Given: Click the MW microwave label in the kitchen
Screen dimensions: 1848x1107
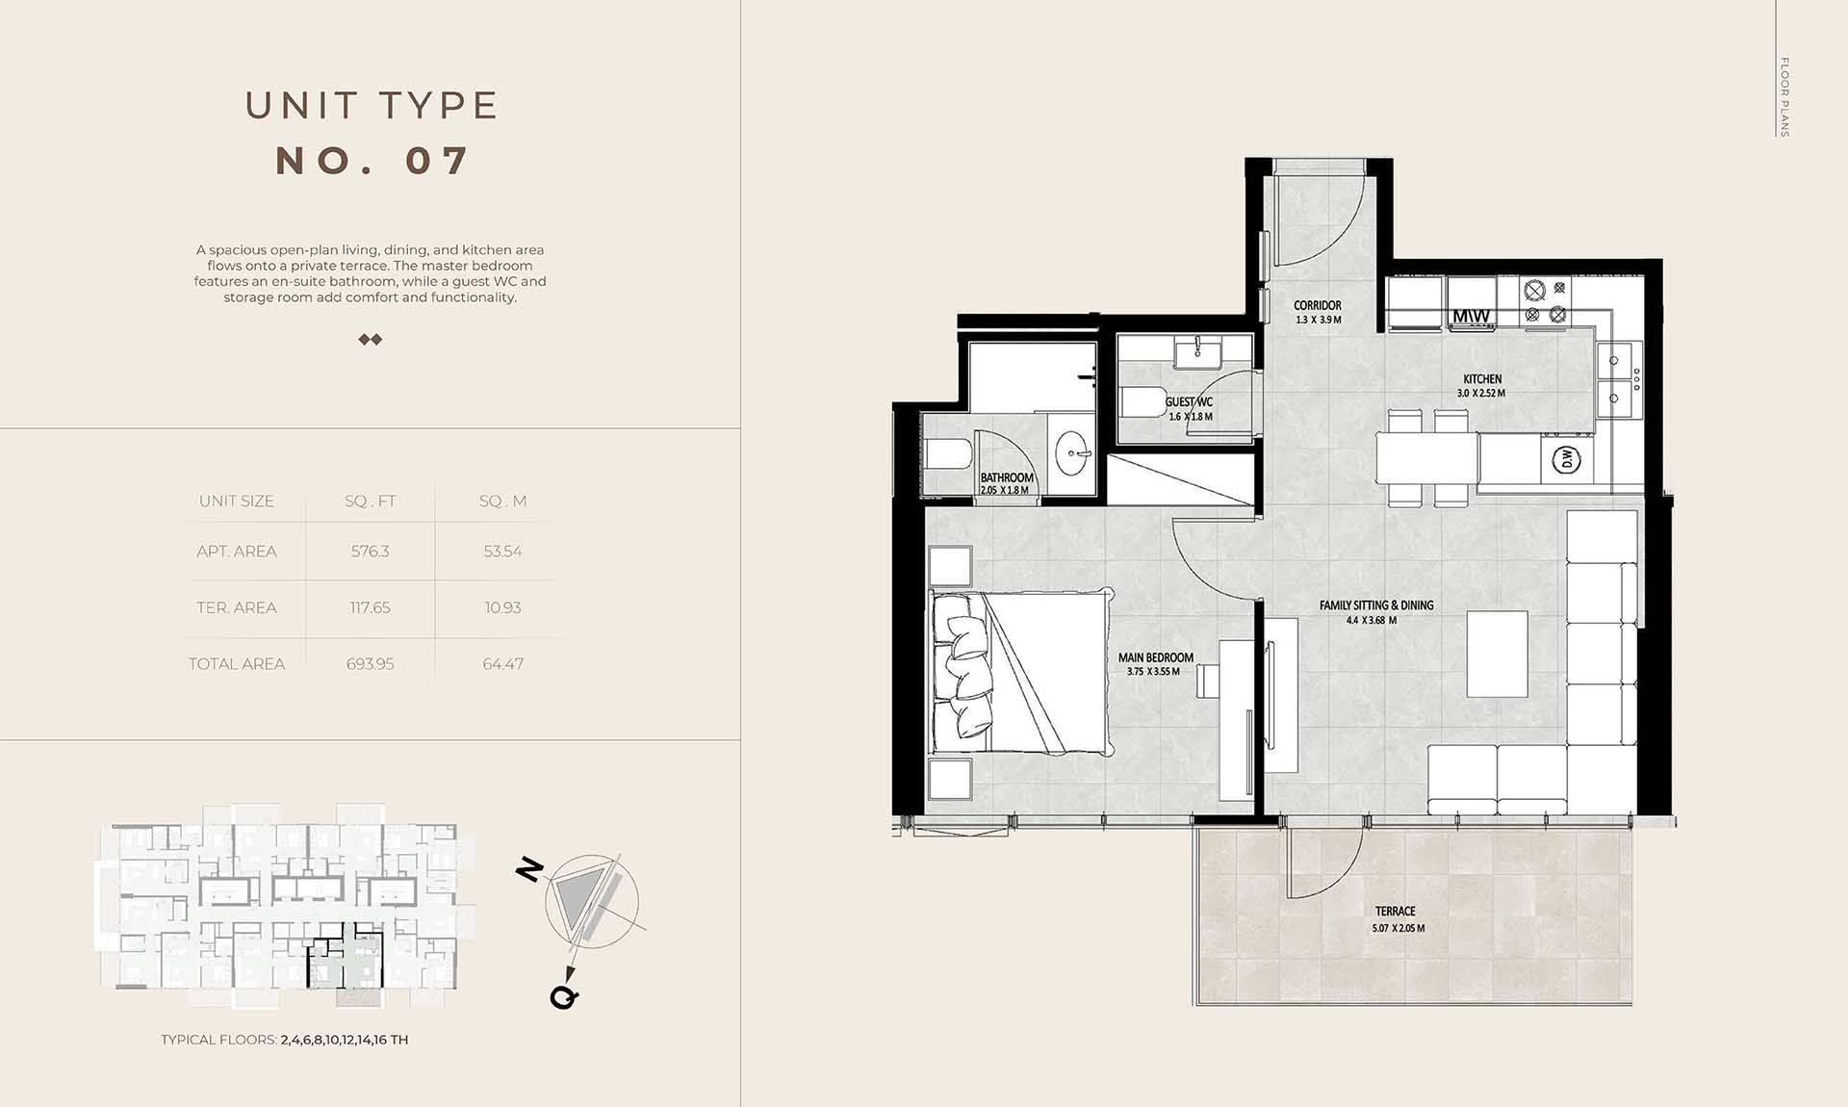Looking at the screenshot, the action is (1471, 316).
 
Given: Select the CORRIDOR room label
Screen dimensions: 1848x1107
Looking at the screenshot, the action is (1318, 305).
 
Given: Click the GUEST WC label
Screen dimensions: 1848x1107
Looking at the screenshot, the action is (1190, 402).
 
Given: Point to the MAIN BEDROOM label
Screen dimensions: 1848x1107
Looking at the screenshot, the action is (1156, 657).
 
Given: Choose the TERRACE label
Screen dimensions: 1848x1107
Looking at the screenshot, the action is (1396, 911).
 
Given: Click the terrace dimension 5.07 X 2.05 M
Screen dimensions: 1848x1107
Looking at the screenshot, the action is (1399, 929).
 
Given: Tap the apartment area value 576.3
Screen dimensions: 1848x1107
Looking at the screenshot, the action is (371, 552).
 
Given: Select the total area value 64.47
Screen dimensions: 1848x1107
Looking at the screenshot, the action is (503, 664).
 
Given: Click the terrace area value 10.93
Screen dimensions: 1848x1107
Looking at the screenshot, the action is (503, 608).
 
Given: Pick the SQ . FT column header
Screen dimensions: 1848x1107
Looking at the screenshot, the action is (371, 502).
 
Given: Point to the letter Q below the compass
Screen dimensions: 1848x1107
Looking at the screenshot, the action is (564, 996).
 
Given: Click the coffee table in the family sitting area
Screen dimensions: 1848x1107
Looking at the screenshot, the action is (1497, 654).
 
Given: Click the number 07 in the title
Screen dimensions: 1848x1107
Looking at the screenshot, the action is (437, 161).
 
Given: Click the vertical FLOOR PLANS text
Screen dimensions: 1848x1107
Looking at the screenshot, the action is (1784, 97).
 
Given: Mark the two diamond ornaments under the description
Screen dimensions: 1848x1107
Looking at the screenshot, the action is (371, 340).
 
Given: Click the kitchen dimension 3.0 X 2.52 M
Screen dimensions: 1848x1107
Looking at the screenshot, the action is (1481, 394).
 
